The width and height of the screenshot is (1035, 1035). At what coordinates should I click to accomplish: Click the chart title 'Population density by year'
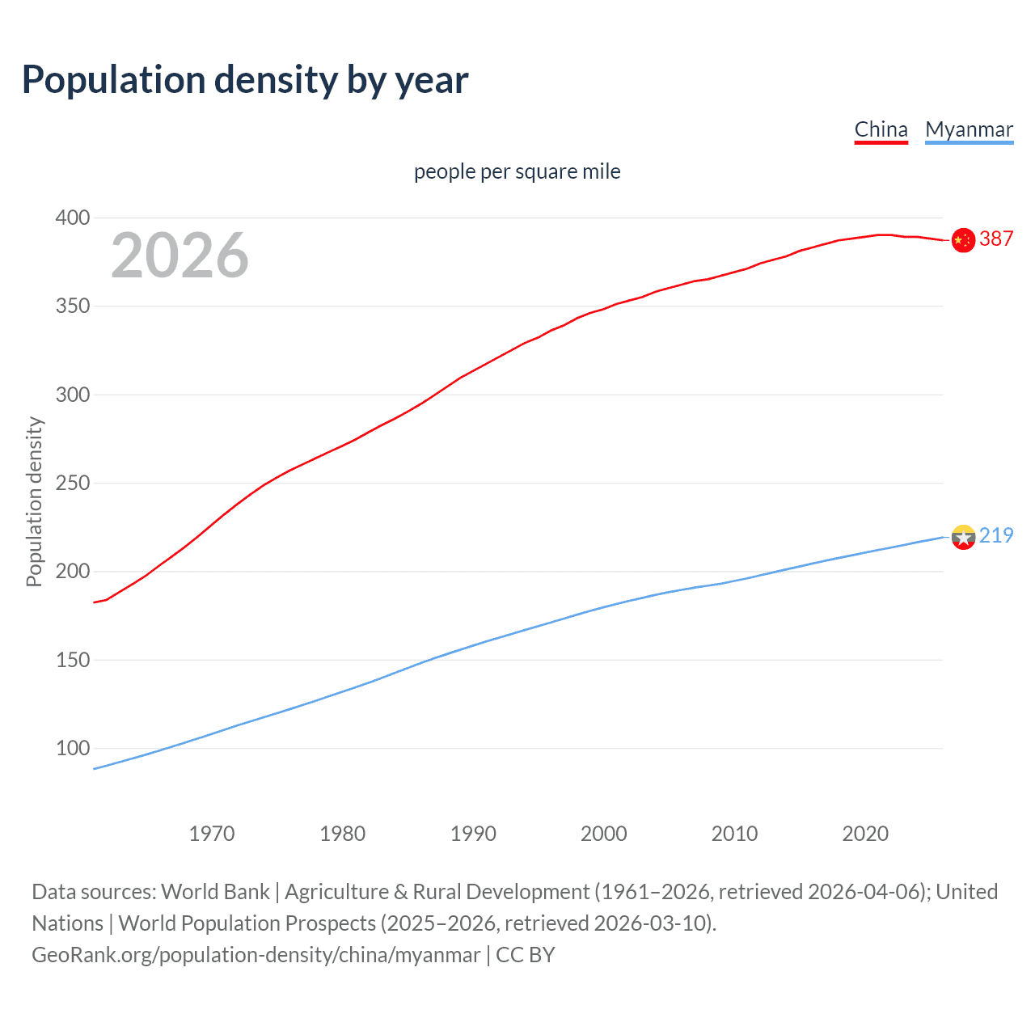point(245,80)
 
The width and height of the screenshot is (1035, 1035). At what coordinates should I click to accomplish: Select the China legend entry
point(881,129)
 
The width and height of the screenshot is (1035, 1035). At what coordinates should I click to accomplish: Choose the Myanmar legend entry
point(969,129)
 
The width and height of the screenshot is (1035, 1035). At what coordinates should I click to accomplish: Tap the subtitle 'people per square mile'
point(517,171)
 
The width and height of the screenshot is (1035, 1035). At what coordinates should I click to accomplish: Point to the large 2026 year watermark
point(180,256)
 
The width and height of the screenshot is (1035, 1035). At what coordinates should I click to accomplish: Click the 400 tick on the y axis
point(73,218)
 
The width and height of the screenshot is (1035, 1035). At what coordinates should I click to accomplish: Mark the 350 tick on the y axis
point(73,306)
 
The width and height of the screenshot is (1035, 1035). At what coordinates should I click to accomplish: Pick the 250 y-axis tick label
point(73,484)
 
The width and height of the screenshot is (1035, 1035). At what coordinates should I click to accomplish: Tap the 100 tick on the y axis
point(73,749)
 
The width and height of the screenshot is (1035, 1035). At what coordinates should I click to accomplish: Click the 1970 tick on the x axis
point(212,834)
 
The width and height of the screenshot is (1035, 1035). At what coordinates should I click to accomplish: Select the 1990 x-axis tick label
point(473,834)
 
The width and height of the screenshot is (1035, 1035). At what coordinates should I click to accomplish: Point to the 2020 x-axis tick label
point(865,834)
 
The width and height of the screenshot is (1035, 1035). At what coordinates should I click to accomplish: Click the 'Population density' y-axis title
point(34,501)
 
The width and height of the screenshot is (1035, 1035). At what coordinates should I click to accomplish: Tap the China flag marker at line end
point(963,240)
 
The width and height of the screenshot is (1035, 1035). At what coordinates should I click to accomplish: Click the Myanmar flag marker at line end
point(963,537)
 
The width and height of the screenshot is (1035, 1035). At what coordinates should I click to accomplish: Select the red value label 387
point(996,239)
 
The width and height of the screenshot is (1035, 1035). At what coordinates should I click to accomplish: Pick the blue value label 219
point(996,535)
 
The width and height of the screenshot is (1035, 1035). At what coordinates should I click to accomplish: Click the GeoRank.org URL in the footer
point(256,955)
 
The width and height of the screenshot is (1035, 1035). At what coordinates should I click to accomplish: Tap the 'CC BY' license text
point(526,955)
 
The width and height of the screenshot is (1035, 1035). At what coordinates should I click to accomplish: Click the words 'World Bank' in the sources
point(215,892)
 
